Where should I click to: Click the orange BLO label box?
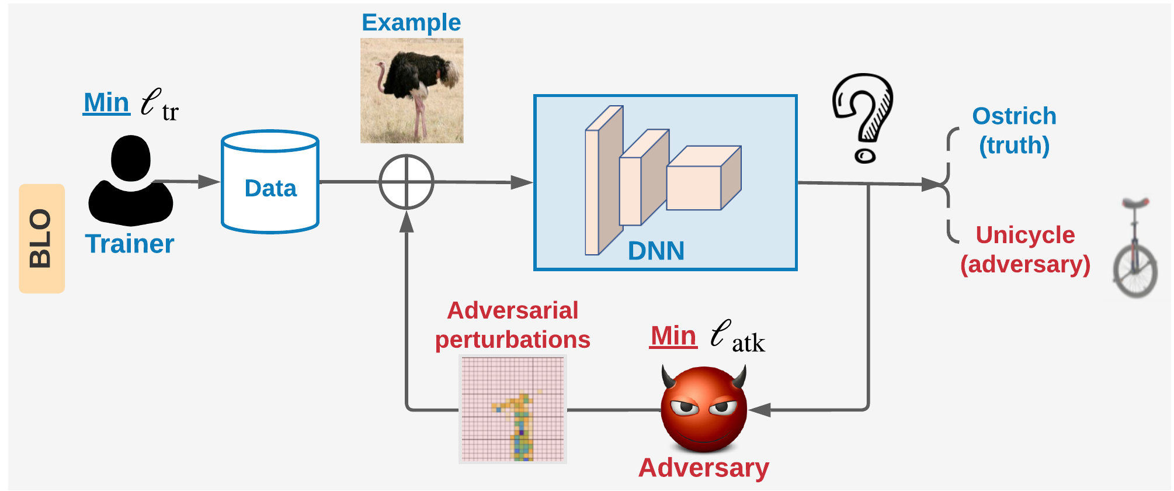tap(41, 238)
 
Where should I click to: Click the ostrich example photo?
tap(412, 91)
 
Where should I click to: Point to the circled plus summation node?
tap(407, 182)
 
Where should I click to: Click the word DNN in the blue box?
tap(656, 251)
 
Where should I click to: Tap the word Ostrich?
tap(1014, 116)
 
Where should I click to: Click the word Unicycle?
tap(1025, 235)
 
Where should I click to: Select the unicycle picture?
tap(1135, 247)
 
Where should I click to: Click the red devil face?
tap(704, 409)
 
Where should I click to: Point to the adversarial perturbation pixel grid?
tap(513, 409)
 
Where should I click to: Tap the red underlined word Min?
tap(673, 336)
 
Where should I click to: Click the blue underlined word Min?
tap(106, 102)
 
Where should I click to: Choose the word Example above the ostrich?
tap(411, 22)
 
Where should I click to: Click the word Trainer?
tap(130, 244)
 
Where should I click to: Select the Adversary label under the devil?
tap(704, 468)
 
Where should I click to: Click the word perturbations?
tap(513, 340)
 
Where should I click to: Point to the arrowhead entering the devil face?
tap(759, 410)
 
